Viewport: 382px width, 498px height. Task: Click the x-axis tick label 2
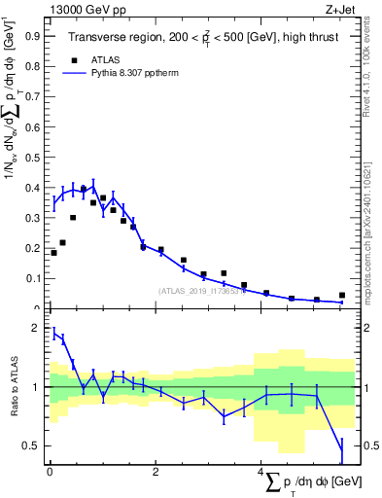coord(156,473)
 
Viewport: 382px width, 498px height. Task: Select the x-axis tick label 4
coord(260,473)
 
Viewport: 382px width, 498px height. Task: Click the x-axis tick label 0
coord(50,473)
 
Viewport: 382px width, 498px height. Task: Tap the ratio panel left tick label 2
coord(37,329)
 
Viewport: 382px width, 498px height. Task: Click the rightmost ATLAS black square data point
coord(341,295)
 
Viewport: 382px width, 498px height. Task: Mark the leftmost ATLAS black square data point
coord(53,253)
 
